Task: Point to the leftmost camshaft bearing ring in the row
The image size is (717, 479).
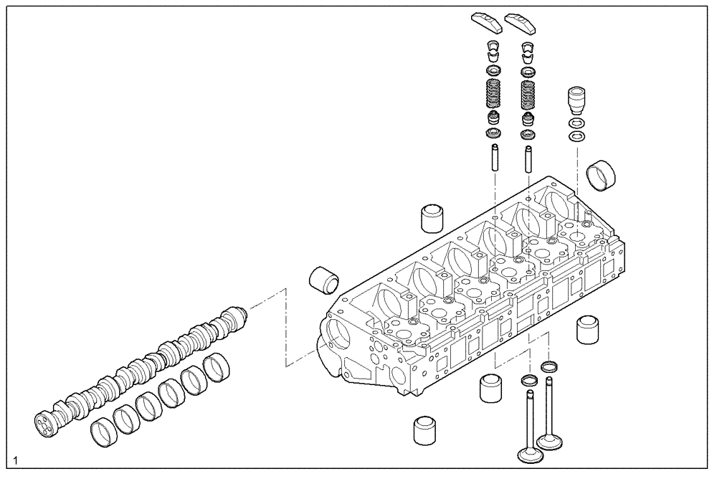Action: click(103, 432)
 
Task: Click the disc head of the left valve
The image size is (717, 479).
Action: click(528, 456)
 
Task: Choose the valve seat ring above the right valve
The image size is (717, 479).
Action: click(549, 367)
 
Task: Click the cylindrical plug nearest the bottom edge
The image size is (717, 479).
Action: click(426, 430)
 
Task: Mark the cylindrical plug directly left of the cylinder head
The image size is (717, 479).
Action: click(323, 280)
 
